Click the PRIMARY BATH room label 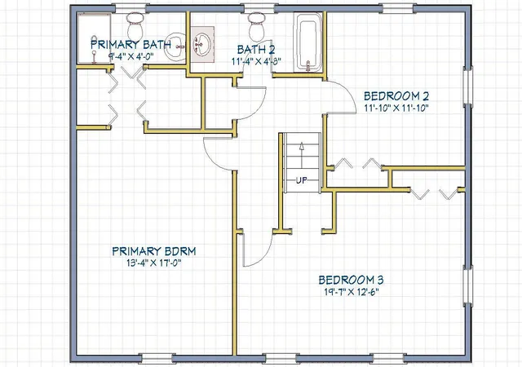[x=130, y=44]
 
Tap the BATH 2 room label [x=256, y=50]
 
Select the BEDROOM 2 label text [x=396, y=96]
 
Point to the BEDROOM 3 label [x=352, y=280]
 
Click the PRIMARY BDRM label [x=154, y=251]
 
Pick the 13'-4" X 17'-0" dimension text [x=153, y=263]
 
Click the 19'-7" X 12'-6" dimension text [x=352, y=292]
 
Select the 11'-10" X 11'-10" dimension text [x=396, y=108]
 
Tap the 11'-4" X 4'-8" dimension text [x=256, y=61]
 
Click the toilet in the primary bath [x=135, y=25]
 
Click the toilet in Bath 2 [x=257, y=26]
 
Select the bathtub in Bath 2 [x=308, y=42]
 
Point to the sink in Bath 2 [x=202, y=44]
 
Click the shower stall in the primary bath [x=94, y=38]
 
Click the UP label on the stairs [x=302, y=180]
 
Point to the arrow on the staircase [x=302, y=155]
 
